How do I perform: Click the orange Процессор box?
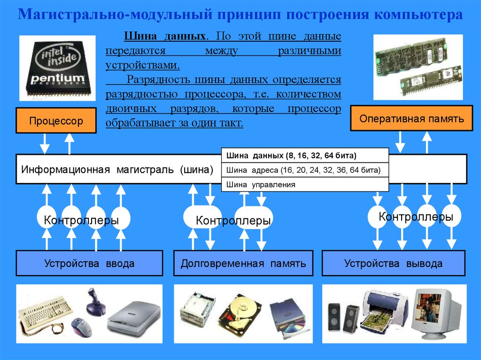click(x=56, y=121)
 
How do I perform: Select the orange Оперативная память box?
click(x=411, y=118)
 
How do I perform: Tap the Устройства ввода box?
click(x=89, y=263)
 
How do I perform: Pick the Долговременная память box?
click(x=243, y=263)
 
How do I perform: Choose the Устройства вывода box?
click(x=394, y=263)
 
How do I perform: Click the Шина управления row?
click(x=305, y=184)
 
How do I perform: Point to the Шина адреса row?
click(x=305, y=170)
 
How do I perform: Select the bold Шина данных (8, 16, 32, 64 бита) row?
click(x=305, y=155)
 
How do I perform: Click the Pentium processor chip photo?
click(x=57, y=68)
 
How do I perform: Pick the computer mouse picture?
click(x=82, y=327)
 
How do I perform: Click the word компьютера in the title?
click(x=419, y=15)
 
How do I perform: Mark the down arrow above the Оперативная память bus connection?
click(x=400, y=142)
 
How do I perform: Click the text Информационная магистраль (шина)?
click(x=117, y=169)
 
